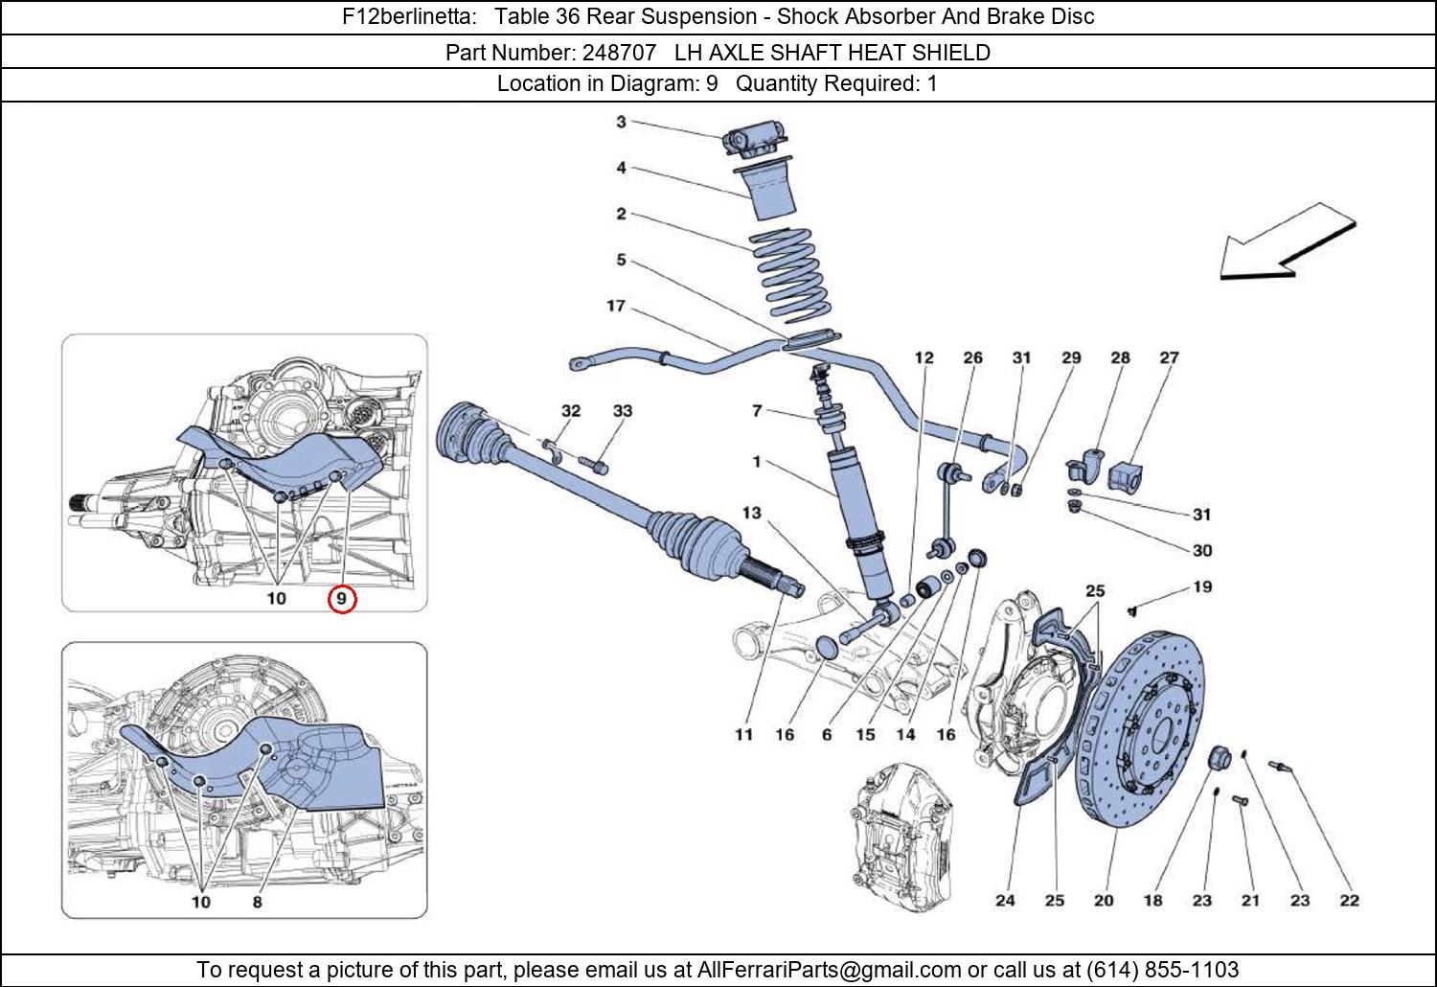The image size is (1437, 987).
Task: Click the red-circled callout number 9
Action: [341, 600]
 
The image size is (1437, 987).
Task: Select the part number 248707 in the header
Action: [619, 53]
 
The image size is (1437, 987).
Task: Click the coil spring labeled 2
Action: [790, 275]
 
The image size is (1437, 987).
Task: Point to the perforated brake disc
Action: [1140, 729]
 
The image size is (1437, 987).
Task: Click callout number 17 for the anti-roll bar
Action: [616, 306]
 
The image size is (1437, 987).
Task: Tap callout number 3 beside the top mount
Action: [621, 122]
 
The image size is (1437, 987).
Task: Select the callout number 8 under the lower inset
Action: [258, 902]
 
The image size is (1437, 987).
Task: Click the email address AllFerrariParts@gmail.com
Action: [829, 969]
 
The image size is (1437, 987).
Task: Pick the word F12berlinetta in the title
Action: [409, 16]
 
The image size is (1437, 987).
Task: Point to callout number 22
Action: [1349, 901]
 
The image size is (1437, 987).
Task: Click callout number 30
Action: [1202, 551]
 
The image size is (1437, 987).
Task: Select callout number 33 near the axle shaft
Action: [623, 411]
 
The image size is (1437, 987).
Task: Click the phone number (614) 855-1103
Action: [1162, 969]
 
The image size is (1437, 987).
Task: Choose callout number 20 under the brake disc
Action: [1104, 901]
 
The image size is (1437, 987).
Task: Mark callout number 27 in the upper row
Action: [1169, 357]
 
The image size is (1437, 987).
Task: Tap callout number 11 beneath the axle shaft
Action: [743, 734]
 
